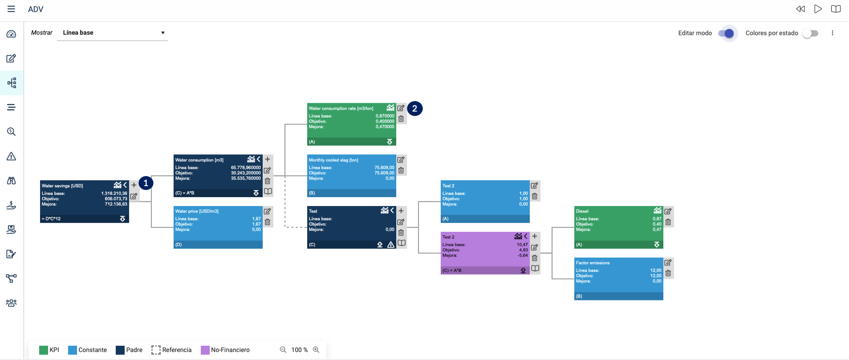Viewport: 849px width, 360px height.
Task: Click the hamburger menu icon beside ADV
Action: tap(11, 9)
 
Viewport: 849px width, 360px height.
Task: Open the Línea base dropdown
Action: tap(113, 33)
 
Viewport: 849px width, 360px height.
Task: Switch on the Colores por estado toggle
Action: tap(810, 34)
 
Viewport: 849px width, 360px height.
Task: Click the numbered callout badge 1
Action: tap(146, 183)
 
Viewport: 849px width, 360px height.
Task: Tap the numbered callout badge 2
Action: tap(414, 109)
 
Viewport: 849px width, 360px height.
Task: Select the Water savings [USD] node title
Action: tap(62, 186)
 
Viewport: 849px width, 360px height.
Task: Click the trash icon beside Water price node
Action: tap(268, 222)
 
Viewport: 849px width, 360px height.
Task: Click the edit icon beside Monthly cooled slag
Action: tap(401, 160)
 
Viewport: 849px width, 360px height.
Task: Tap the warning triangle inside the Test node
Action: tap(391, 245)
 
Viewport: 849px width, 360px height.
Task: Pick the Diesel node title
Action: tap(582, 211)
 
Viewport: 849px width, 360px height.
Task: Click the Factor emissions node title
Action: tap(593, 263)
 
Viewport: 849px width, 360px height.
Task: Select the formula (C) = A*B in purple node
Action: tap(452, 271)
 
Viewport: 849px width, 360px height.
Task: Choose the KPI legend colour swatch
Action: tap(44, 350)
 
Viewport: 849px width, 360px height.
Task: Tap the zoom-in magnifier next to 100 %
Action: tap(316, 350)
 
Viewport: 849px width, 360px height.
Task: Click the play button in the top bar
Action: tap(818, 9)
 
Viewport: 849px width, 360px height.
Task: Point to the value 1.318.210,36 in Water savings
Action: tap(114, 194)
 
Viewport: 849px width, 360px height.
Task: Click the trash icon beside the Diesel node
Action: tap(668, 222)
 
